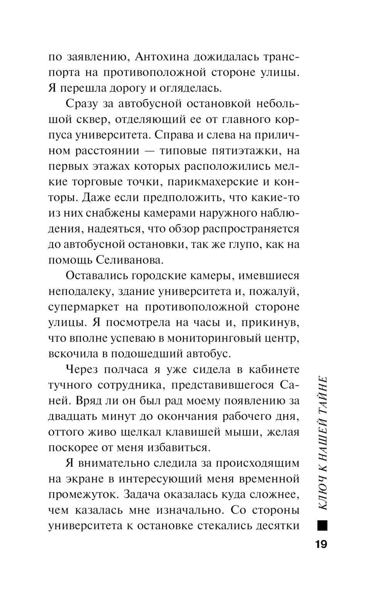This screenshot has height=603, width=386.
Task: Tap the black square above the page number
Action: (322, 526)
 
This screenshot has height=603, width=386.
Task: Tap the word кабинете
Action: (273, 370)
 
